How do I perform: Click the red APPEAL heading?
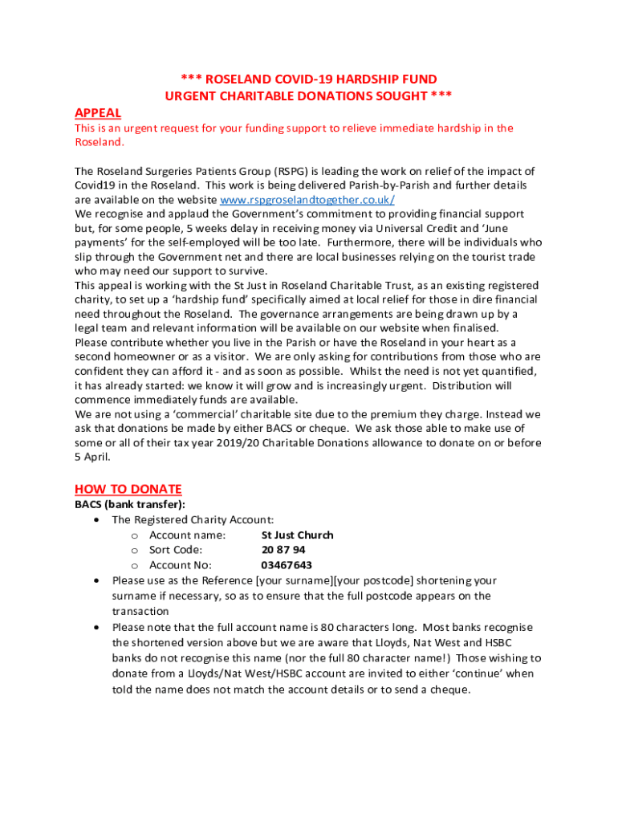(x=98, y=112)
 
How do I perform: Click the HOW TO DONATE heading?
(x=128, y=489)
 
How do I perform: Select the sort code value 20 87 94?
(x=283, y=550)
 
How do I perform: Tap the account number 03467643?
(x=287, y=565)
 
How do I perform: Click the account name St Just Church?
(x=297, y=535)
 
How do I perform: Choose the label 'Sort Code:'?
(x=176, y=550)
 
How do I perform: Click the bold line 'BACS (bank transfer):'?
(x=130, y=504)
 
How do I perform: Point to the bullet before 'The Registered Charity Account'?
(x=97, y=519)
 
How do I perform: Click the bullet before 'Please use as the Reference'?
(x=97, y=580)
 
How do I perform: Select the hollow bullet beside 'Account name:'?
(x=135, y=535)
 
